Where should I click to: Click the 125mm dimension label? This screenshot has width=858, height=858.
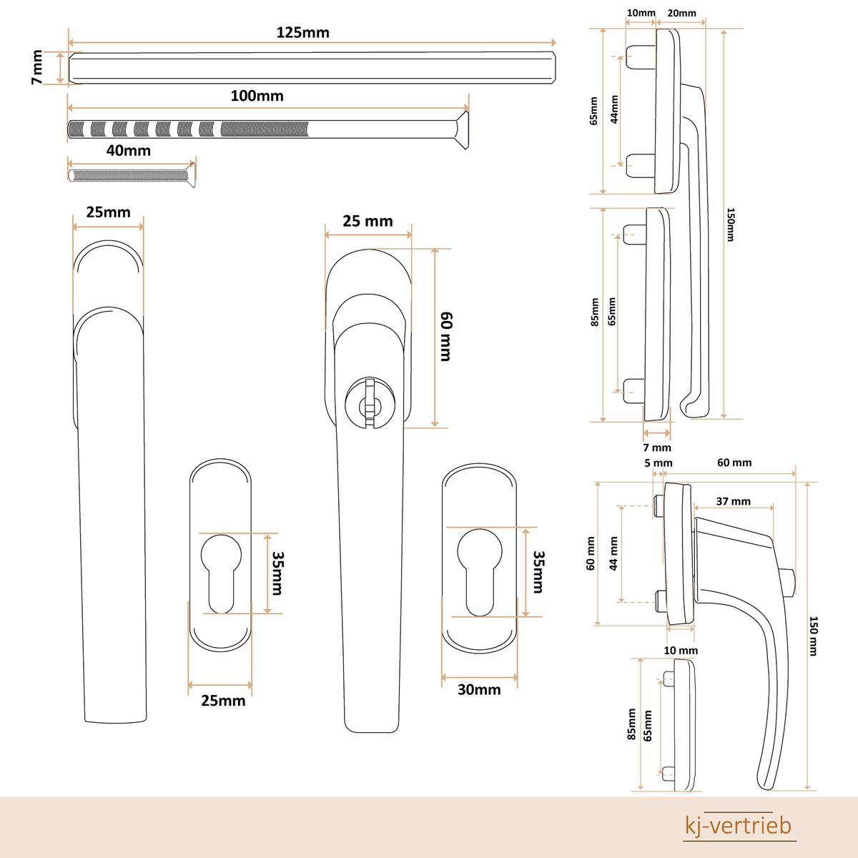[x=302, y=33]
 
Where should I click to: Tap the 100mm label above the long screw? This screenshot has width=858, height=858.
[x=257, y=96]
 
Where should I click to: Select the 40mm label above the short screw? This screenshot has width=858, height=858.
[x=128, y=150]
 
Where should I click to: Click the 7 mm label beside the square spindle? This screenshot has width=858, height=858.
[x=37, y=66]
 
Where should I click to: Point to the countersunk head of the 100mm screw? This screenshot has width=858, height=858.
[x=461, y=130]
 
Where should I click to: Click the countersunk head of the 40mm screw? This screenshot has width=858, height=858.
[x=190, y=174]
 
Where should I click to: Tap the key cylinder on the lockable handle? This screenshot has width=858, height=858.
[x=370, y=403]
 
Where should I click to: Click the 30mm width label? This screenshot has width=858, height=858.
[x=479, y=690]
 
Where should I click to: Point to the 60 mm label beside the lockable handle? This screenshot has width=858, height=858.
[x=446, y=337]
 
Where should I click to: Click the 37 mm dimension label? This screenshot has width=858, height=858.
[x=734, y=501]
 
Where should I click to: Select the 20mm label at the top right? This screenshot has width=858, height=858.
[x=681, y=14]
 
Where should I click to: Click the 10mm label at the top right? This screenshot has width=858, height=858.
[x=641, y=13]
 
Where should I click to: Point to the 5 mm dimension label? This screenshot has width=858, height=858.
[x=658, y=463]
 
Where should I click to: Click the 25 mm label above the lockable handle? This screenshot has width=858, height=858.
[x=368, y=221]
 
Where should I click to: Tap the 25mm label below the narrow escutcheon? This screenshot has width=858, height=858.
[x=223, y=701]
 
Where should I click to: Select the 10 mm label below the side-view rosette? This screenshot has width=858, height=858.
[x=681, y=651]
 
